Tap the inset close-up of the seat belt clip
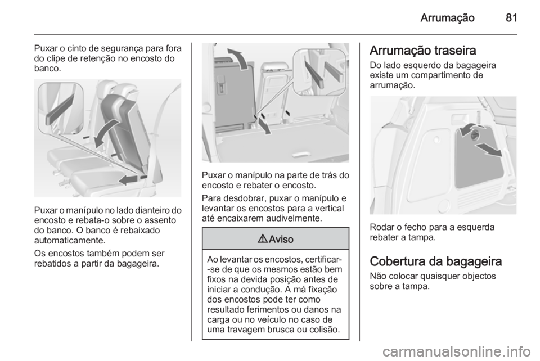pos(60,108)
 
